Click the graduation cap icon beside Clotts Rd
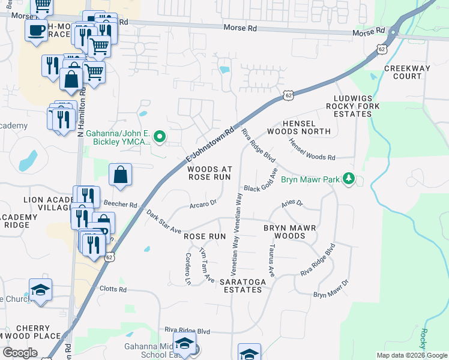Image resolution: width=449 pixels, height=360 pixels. point(41,290)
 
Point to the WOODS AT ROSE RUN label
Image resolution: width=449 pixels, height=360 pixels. point(209,173)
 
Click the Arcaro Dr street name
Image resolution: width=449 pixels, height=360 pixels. point(202,204)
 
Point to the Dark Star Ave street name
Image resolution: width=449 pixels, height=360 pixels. point(163,221)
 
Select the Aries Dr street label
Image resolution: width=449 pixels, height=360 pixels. point(292,205)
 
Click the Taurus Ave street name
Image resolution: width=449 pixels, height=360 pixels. point(271,260)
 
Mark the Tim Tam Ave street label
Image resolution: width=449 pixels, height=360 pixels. point(206,265)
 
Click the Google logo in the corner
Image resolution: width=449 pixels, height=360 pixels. point(20,353)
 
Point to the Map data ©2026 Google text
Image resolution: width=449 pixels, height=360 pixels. point(411,355)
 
